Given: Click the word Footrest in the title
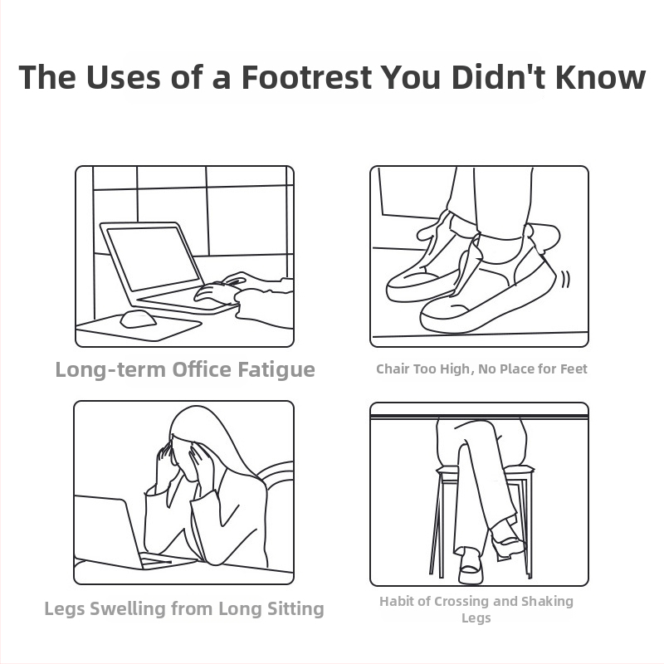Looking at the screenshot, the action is [x=306, y=77].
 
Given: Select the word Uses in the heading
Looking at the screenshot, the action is [x=123, y=77].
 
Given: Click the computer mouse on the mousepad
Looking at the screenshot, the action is [x=138, y=320].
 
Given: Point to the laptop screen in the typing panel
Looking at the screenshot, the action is [x=153, y=258].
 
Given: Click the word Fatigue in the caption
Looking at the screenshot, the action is [x=276, y=370].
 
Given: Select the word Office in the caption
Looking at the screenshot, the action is [x=202, y=369].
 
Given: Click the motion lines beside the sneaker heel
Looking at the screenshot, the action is [x=566, y=279].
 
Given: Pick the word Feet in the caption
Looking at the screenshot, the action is [x=574, y=369].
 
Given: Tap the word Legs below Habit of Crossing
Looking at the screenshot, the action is [x=476, y=618].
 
